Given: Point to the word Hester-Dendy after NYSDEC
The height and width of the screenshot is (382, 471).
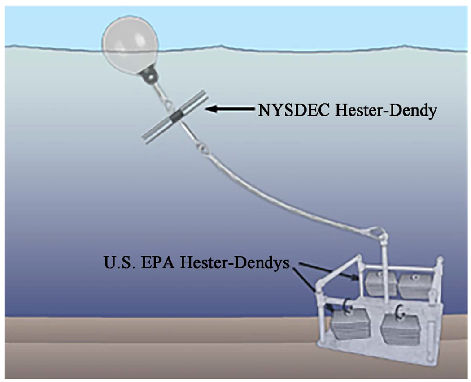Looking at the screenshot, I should tap(382, 110).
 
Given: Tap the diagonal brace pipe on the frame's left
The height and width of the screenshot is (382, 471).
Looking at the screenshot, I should tap(337, 271).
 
